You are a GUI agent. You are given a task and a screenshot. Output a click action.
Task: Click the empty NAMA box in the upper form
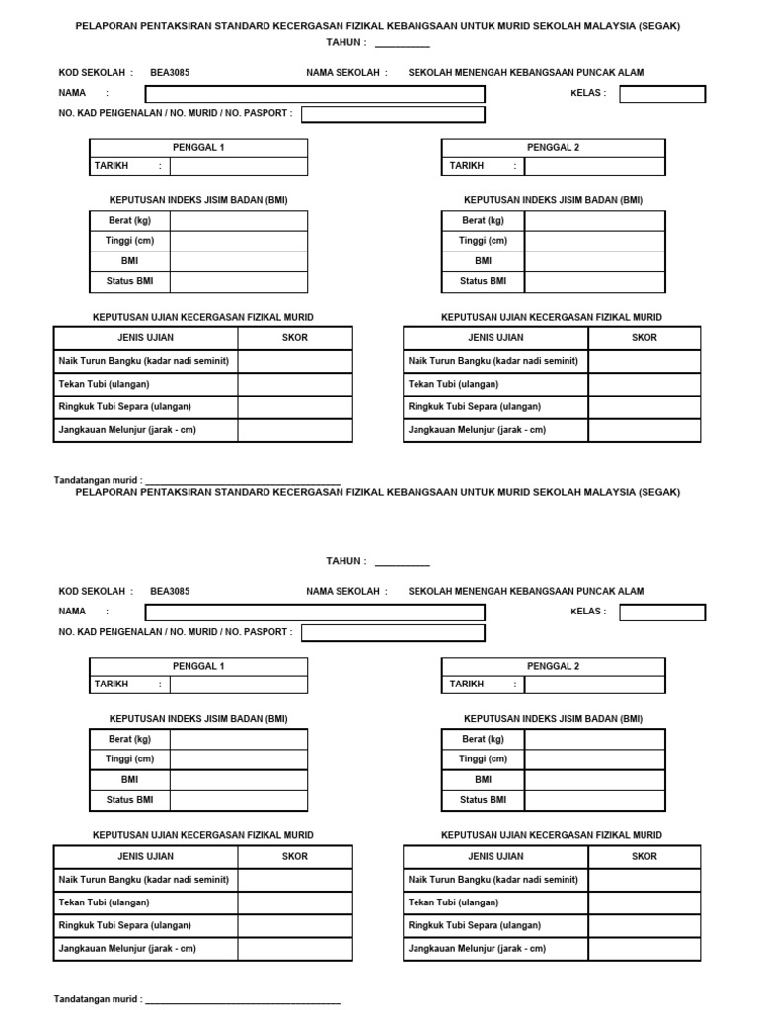pos(315,94)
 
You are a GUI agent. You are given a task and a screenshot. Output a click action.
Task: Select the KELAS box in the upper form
pos(662,94)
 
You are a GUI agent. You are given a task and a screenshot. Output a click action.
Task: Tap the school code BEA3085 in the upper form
pos(170,72)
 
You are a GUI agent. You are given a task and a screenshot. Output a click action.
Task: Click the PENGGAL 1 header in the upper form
pos(198,148)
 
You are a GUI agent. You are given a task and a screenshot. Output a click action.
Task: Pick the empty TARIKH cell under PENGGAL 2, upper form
pos(594,166)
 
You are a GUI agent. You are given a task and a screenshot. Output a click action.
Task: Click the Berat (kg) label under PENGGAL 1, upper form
pos(129,220)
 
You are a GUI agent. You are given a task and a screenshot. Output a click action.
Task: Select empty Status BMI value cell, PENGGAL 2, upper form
pos(594,282)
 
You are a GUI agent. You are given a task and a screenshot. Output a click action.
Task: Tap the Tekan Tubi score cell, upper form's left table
pos(294,384)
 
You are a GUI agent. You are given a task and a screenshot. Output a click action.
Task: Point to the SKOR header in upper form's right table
pos(644,338)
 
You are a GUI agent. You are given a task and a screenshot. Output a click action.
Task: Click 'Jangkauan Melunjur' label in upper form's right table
pos(477,430)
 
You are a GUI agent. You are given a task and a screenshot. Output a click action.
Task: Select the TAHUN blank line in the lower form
pos(402,562)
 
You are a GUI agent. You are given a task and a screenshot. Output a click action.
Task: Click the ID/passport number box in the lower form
pos(393,632)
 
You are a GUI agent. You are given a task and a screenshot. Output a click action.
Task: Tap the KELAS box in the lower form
pos(662,613)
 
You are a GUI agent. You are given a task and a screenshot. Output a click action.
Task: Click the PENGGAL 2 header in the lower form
pos(553,667)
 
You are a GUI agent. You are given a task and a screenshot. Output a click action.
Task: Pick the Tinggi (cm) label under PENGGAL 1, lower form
pos(129,759)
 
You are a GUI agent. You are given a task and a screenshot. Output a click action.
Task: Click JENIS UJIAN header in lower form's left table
pos(145,857)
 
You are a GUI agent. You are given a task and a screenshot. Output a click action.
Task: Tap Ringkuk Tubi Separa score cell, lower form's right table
pos(644,925)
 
